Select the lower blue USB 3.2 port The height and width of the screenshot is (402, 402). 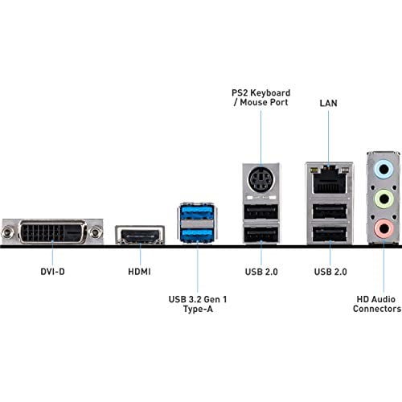196,235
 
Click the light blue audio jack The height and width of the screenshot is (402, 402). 384,170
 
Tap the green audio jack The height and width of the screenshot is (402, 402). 384,199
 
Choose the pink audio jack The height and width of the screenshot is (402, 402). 384,229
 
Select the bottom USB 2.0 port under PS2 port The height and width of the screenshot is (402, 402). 260,236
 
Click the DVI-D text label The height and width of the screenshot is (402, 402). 52,273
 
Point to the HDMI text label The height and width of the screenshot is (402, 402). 141,273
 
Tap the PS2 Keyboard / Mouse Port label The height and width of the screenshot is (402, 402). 260,98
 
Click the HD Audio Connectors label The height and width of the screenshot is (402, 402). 378,303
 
